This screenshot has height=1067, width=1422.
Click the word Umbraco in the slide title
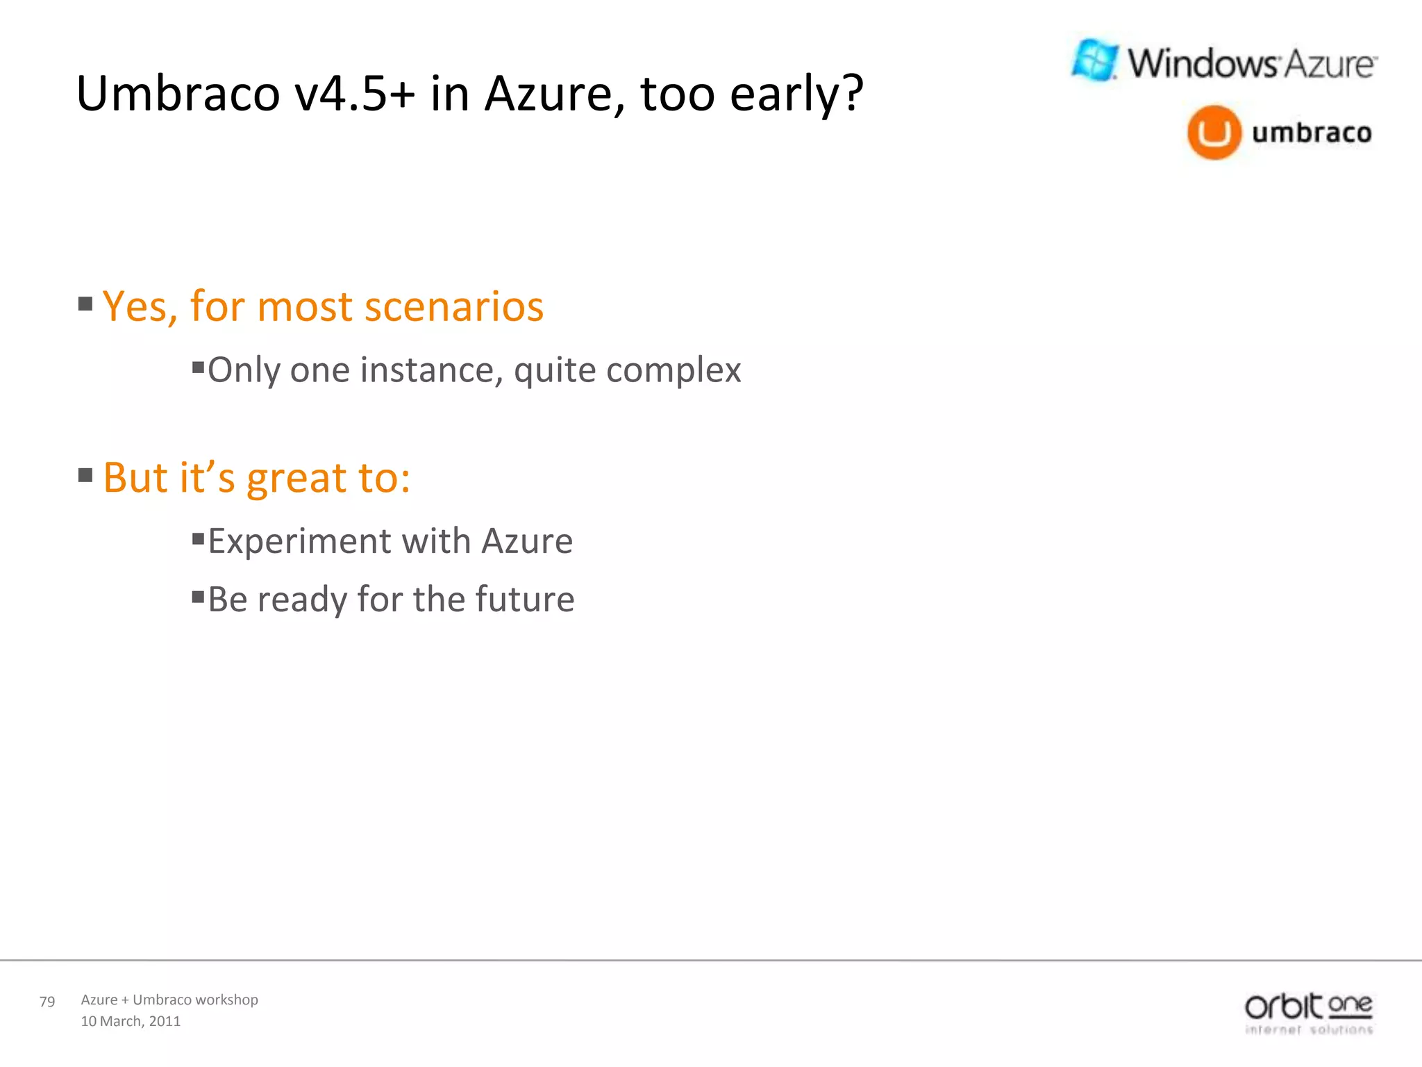tap(178, 94)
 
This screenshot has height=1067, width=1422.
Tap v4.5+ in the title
tap(354, 94)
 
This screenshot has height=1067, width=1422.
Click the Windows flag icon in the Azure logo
tap(1095, 60)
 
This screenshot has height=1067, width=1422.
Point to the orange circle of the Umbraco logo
tap(1214, 133)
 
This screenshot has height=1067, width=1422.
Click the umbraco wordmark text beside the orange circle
tap(1312, 132)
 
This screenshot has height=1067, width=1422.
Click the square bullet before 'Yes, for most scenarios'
tap(85, 304)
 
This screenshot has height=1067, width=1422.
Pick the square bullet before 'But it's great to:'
tap(85, 475)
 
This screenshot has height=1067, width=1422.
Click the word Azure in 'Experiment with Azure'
tap(527, 541)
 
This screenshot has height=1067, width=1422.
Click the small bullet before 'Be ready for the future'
tap(198, 596)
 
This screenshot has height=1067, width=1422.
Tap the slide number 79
tap(47, 1002)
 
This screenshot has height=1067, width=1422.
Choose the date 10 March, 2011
tap(131, 1021)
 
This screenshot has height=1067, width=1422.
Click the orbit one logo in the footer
tap(1308, 1014)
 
